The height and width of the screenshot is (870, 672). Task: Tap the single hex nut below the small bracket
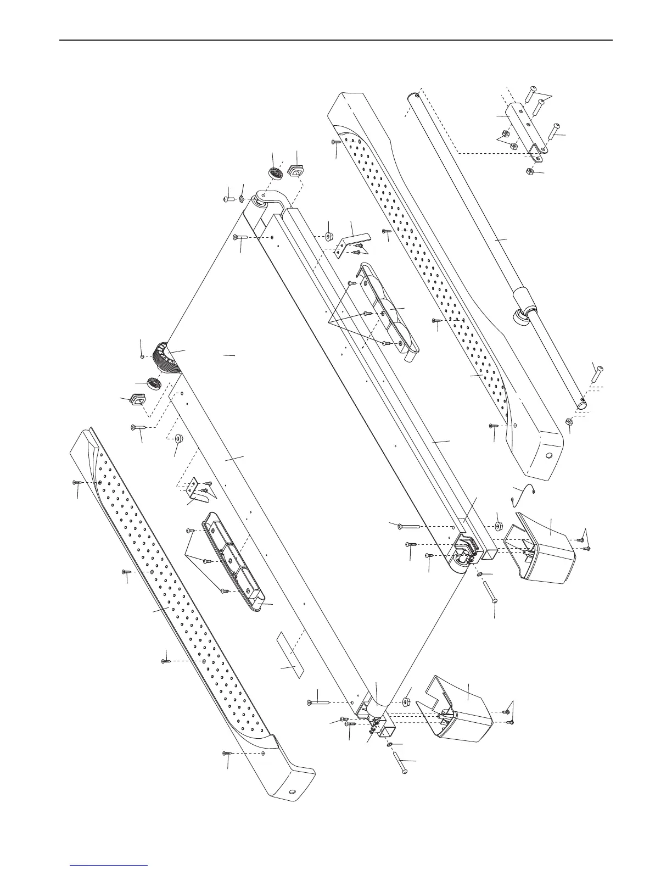point(531,171)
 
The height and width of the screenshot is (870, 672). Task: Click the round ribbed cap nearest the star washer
point(275,172)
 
